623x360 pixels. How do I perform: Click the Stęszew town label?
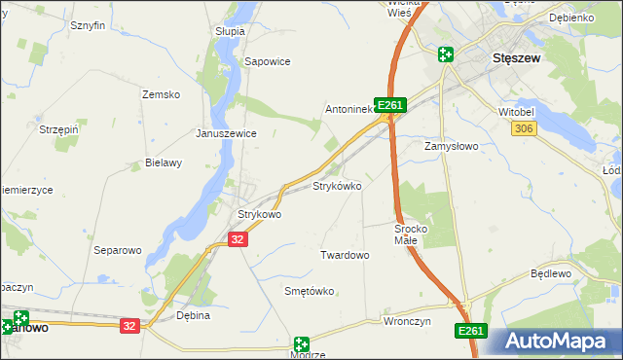tap(517, 57)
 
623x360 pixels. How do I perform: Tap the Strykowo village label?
tap(260, 214)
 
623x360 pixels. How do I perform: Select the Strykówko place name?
tap(337, 185)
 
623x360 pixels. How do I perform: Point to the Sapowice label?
tap(268, 60)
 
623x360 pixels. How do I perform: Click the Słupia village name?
tap(230, 31)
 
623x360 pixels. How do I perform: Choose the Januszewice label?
tap(226, 133)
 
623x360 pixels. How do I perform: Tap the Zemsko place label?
tap(162, 94)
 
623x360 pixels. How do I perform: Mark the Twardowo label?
tap(345, 255)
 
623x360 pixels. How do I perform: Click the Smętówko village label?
tap(309, 291)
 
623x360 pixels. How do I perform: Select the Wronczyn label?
tap(407, 320)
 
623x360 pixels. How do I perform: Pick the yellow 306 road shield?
tap(524, 128)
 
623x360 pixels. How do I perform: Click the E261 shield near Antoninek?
tap(388, 104)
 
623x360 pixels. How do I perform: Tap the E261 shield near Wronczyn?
tap(470, 332)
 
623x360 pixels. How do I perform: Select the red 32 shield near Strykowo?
tap(238, 238)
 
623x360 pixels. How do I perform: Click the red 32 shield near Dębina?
tap(129, 326)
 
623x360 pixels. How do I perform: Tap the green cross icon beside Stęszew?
tap(445, 55)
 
